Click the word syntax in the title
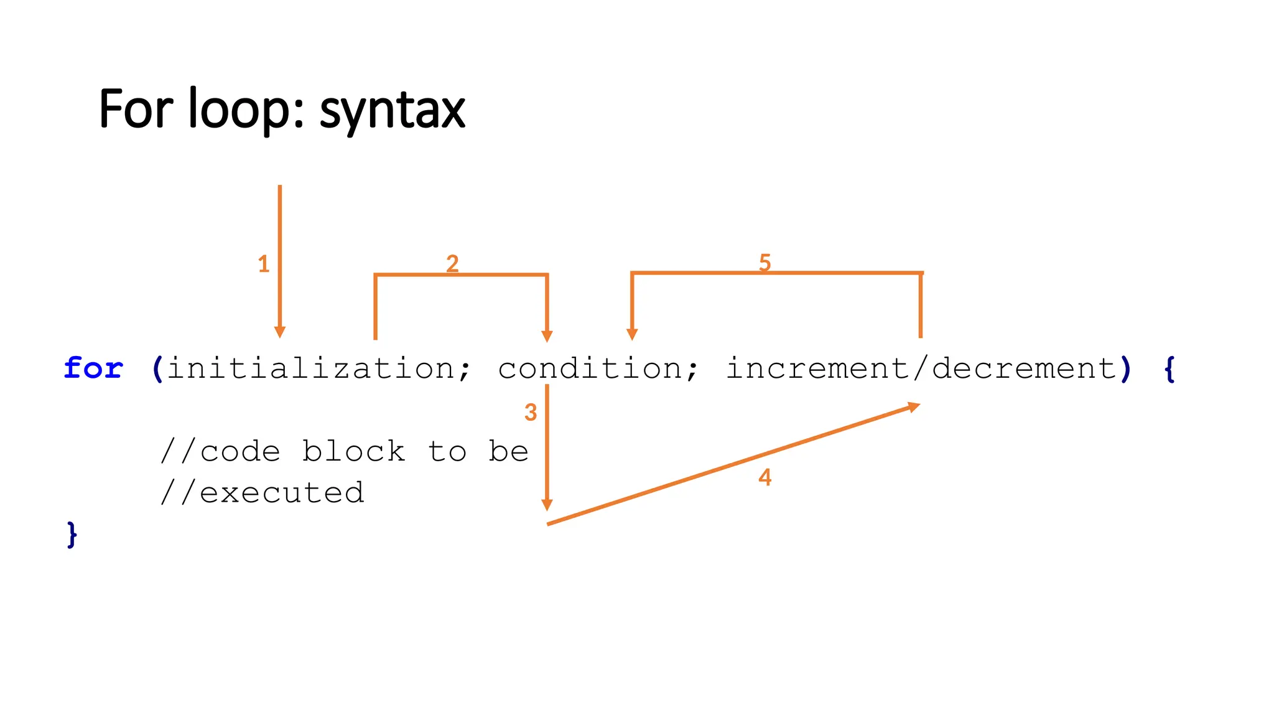(392, 111)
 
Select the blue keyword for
(93, 368)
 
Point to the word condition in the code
(590, 368)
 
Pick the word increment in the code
(817, 368)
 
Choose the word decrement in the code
(1025, 368)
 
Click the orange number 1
(263, 264)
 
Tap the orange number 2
(452, 263)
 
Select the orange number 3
(530, 412)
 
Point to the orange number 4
(765, 477)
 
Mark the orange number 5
(765, 263)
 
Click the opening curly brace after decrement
(1169, 368)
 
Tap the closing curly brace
(72, 535)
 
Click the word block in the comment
(353, 451)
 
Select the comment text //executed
(262, 493)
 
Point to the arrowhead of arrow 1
(280, 332)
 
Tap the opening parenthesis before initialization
(157, 368)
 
